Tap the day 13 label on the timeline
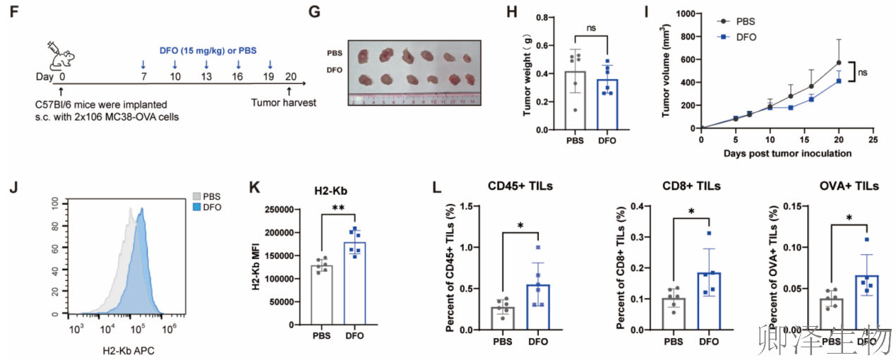[206, 76]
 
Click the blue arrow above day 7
[143, 65]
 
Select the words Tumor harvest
[284, 103]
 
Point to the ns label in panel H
[591, 28]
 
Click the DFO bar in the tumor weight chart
[607, 104]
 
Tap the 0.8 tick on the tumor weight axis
[542, 18]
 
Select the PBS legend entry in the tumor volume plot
[736, 22]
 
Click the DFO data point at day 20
[839, 81]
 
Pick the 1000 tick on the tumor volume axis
[686, 14]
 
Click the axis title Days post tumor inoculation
[787, 154]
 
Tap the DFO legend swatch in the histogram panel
[196, 208]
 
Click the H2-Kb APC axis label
[129, 351]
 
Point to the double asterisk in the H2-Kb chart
[338, 208]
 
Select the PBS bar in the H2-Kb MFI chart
[322, 295]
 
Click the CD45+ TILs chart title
[520, 186]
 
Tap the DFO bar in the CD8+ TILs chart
[709, 301]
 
